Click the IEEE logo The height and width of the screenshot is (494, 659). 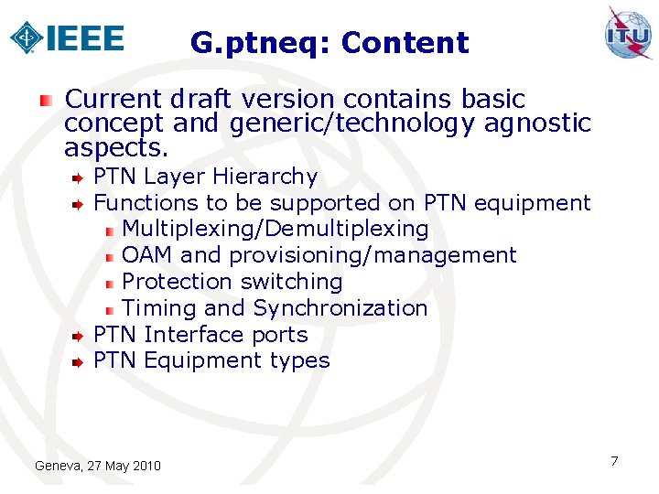click(66, 38)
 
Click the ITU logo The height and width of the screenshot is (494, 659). click(628, 34)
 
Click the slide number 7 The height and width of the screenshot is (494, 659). click(614, 460)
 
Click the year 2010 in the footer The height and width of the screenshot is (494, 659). click(146, 467)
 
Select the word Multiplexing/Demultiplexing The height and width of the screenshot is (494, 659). click(275, 229)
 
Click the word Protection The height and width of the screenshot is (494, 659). click(177, 282)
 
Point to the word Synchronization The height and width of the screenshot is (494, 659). click(340, 308)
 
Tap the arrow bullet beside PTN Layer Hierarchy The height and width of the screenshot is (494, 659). click(80, 177)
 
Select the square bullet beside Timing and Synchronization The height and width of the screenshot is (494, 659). click(109, 309)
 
